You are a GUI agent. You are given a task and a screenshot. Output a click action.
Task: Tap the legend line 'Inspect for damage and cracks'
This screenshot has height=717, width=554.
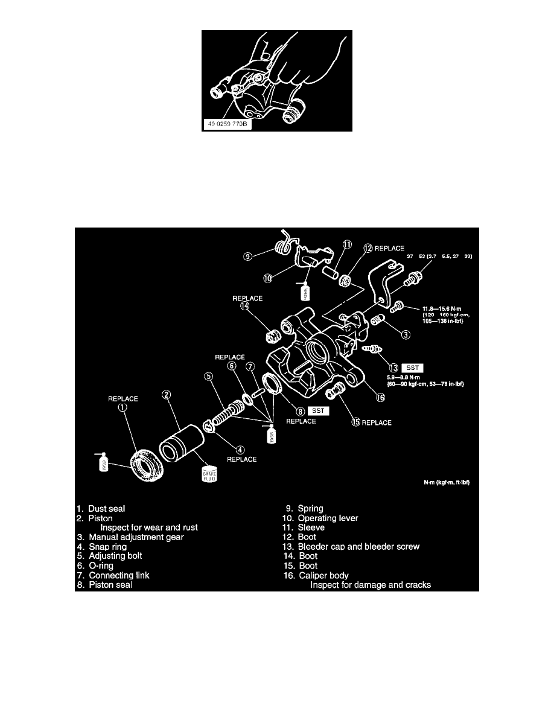(371, 585)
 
